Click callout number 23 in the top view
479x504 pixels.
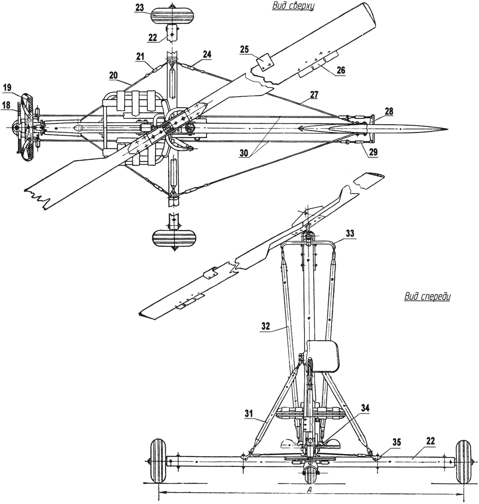pos(140,8)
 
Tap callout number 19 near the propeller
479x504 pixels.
pos(7,88)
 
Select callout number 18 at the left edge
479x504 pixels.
pos(6,105)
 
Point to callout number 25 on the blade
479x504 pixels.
pos(244,49)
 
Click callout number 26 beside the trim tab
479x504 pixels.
pos(341,70)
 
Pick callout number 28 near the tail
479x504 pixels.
pos(389,111)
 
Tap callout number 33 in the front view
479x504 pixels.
pos(350,233)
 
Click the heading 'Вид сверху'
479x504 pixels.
pos(293,6)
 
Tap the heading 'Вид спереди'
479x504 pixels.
pos(427,296)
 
